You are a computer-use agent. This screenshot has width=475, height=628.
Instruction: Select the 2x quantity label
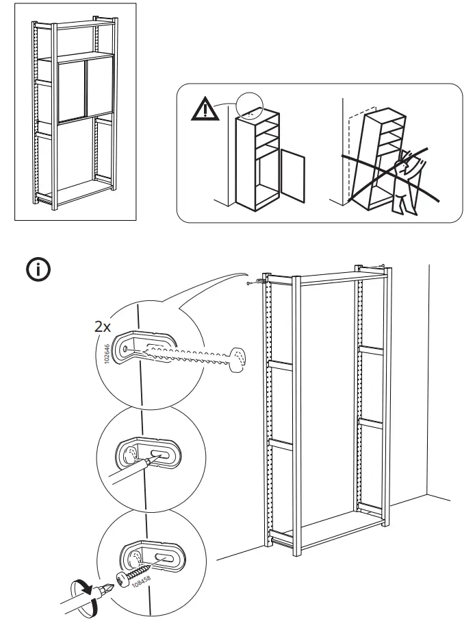point(102,327)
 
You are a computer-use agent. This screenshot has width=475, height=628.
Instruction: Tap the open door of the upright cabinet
point(293,177)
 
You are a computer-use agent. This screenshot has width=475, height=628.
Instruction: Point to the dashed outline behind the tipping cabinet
point(354,151)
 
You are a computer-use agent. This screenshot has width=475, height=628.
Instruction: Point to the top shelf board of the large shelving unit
point(329,278)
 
